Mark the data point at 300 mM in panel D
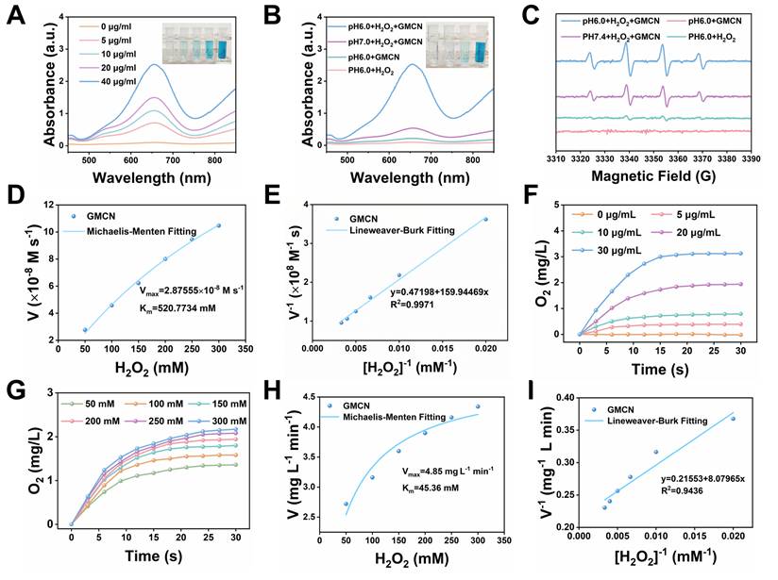219,225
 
